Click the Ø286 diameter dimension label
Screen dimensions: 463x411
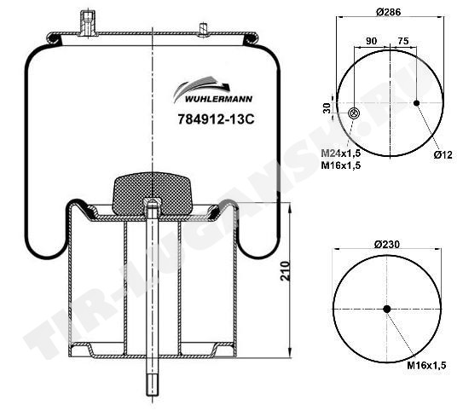389,12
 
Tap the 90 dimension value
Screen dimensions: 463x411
371,41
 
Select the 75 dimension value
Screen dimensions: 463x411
403,41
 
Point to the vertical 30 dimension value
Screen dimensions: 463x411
327,108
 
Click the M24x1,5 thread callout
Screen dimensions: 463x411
341,153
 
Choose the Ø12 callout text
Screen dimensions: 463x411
443,154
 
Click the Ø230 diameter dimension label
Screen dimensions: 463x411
387,244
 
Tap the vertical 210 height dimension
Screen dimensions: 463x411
286,271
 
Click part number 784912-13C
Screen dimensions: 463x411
216,119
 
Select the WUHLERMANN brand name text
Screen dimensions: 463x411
218,99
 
